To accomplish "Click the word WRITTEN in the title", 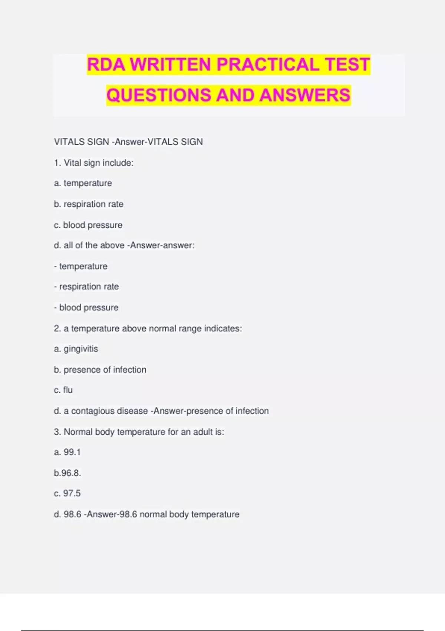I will [170, 64].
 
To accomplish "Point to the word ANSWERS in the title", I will [305, 95].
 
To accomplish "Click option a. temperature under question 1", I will [83, 183].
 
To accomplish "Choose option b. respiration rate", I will [89, 204].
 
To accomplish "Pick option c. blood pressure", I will [88, 225].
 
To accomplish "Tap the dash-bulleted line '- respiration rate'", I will [86, 287].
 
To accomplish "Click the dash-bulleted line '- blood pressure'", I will [86, 307].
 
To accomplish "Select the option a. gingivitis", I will [76, 349].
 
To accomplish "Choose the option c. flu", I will [63, 390].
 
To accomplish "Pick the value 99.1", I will [72, 452].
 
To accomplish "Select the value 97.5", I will [72, 493].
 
